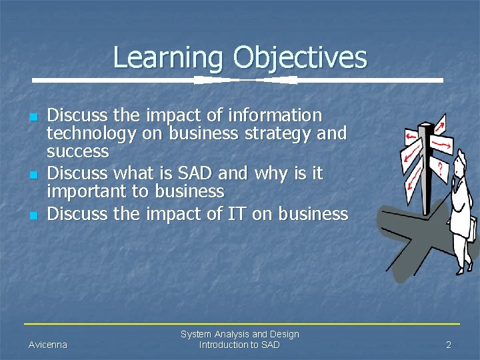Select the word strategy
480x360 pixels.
[275, 134]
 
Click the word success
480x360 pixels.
[77, 151]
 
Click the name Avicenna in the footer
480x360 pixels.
[48, 345]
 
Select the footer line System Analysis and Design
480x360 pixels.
[239, 334]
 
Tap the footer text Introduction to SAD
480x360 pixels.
[239, 345]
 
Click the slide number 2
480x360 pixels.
[449, 345]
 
